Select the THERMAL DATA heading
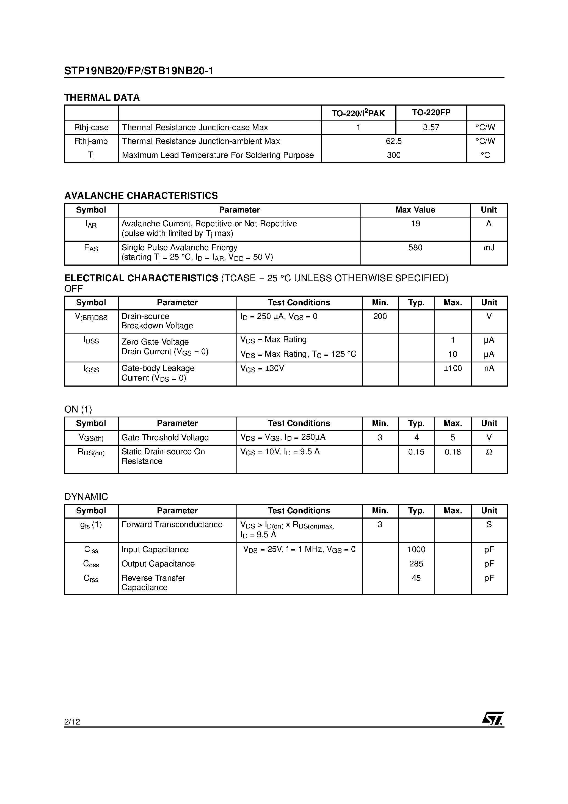pyautogui.click(x=102, y=97)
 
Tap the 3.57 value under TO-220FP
pyautogui.click(x=431, y=128)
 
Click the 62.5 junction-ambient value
pyautogui.click(x=394, y=141)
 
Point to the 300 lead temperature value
pyautogui.click(x=394, y=155)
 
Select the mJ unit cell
pyautogui.click(x=489, y=247)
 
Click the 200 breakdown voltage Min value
pyautogui.click(x=380, y=316)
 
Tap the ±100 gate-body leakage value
pyautogui.click(x=453, y=368)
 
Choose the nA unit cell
pyautogui.click(x=489, y=368)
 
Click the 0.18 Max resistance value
pyautogui.click(x=453, y=452)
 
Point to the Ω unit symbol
pyautogui.click(x=489, y=452)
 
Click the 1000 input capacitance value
pyautogui.click(x=416, y=549)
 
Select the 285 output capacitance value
pyautogui.click(x=416, y=564)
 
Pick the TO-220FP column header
pyautogui.click(x=431, y=112)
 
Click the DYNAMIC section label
pyautogui.click(x=86, y=497)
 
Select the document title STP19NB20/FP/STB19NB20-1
pyautogui.click(x=139, y=71)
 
